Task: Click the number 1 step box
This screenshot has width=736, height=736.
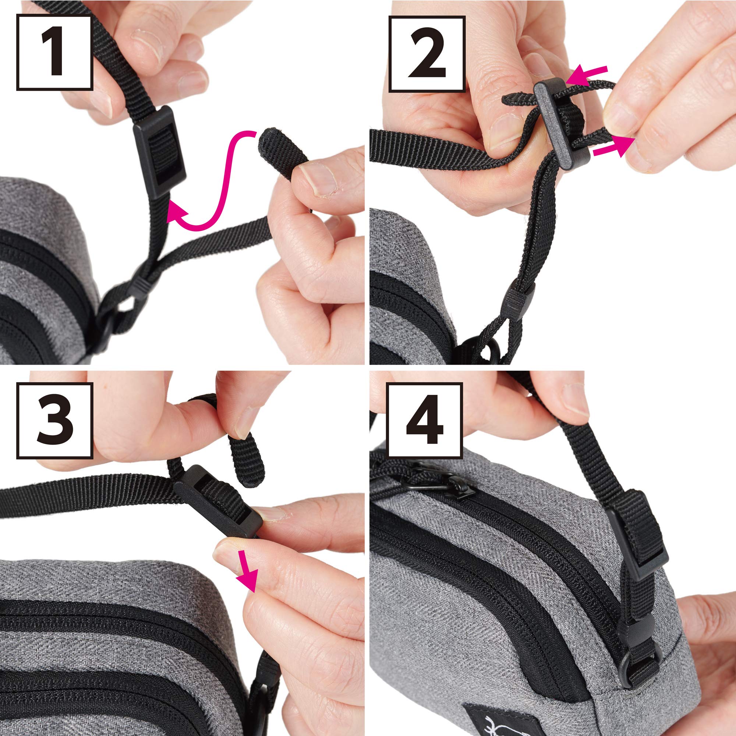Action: [x=55, y=53]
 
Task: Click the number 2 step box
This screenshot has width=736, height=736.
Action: [x=427, y=54]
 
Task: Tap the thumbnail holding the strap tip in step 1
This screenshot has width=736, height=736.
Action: [x=318, y=179]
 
